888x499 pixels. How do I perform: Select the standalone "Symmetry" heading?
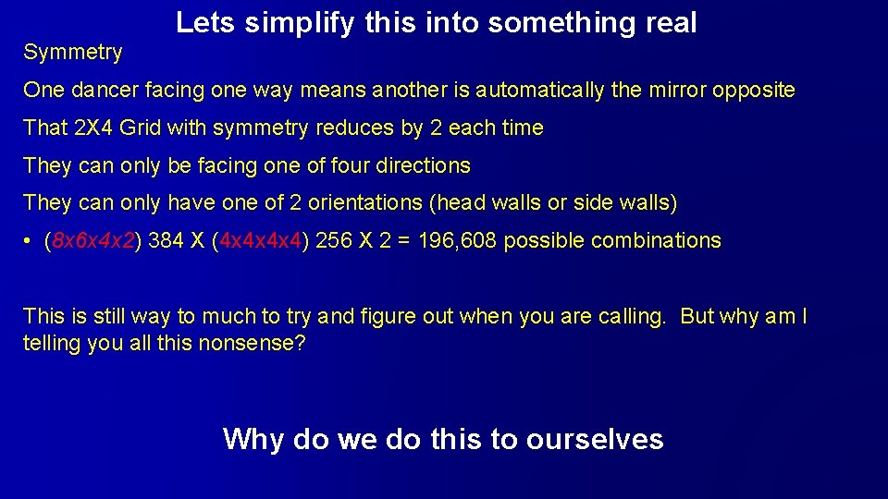[73, 53]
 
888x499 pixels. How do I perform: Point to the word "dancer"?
[99, 91]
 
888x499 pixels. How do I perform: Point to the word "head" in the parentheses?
[459, 203]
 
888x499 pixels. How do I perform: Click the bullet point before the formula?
[30, 241]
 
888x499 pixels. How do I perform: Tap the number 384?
[166, 241]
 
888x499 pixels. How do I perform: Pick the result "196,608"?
[460, 241]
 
